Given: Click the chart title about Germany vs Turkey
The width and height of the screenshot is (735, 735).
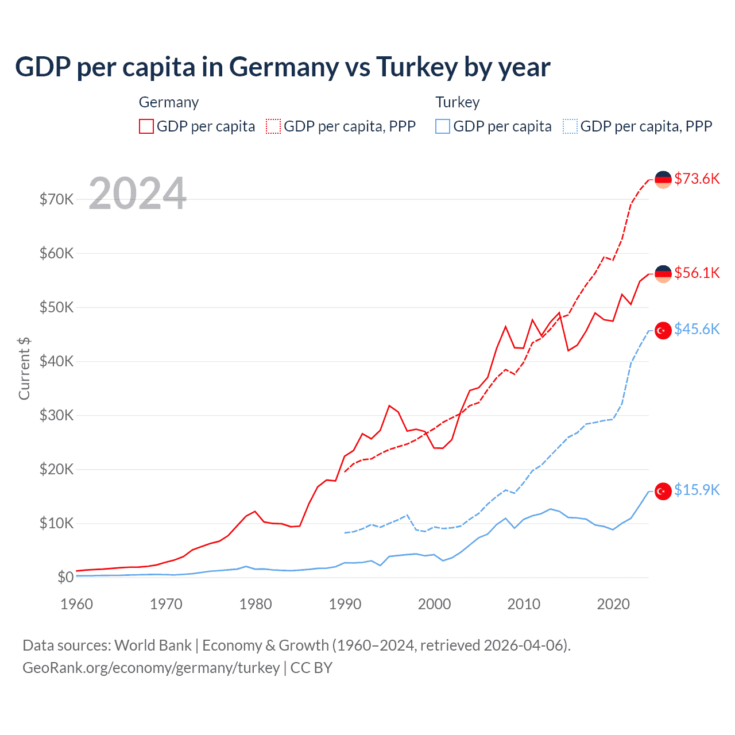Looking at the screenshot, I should tap(283, 67).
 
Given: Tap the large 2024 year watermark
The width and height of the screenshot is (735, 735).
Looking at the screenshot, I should tap(138, 194).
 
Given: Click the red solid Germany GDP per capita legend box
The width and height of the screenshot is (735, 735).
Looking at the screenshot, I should tap(146, 126).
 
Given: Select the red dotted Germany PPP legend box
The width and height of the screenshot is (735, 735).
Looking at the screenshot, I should tap(273, 126).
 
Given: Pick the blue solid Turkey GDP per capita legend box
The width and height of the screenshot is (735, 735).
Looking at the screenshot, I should tap(443, 126).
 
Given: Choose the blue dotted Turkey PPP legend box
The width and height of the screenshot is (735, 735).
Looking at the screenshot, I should tap(570, 126).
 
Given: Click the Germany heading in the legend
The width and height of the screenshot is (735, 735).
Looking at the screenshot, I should tap(169, 102).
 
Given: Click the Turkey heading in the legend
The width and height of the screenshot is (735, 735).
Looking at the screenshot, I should tap(457, 102).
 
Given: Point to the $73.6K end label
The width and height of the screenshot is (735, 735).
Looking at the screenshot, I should tap(697, 179).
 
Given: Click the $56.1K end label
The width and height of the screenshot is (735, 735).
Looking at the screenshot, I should tap(697, 273).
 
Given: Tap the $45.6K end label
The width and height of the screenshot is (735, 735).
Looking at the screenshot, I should tap(697, 329).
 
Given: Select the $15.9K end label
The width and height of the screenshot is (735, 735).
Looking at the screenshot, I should tap(697, 490).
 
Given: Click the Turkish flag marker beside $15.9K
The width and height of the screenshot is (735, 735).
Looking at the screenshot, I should tap(663, 492).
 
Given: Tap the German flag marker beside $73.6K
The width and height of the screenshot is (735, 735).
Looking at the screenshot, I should tap(663, 180).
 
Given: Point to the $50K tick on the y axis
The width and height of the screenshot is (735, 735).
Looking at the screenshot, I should tap(56, 307).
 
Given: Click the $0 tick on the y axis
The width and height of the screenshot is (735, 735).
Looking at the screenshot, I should tap(65, 577).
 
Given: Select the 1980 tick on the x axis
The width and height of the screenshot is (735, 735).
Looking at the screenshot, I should tap(256, 604).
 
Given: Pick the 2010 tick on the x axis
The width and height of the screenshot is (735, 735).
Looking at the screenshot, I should tap(524, 604).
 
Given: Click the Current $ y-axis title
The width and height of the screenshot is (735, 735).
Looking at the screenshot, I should tap(24, 368).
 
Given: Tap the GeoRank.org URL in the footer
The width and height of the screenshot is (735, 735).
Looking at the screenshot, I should tap(151, 668).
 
